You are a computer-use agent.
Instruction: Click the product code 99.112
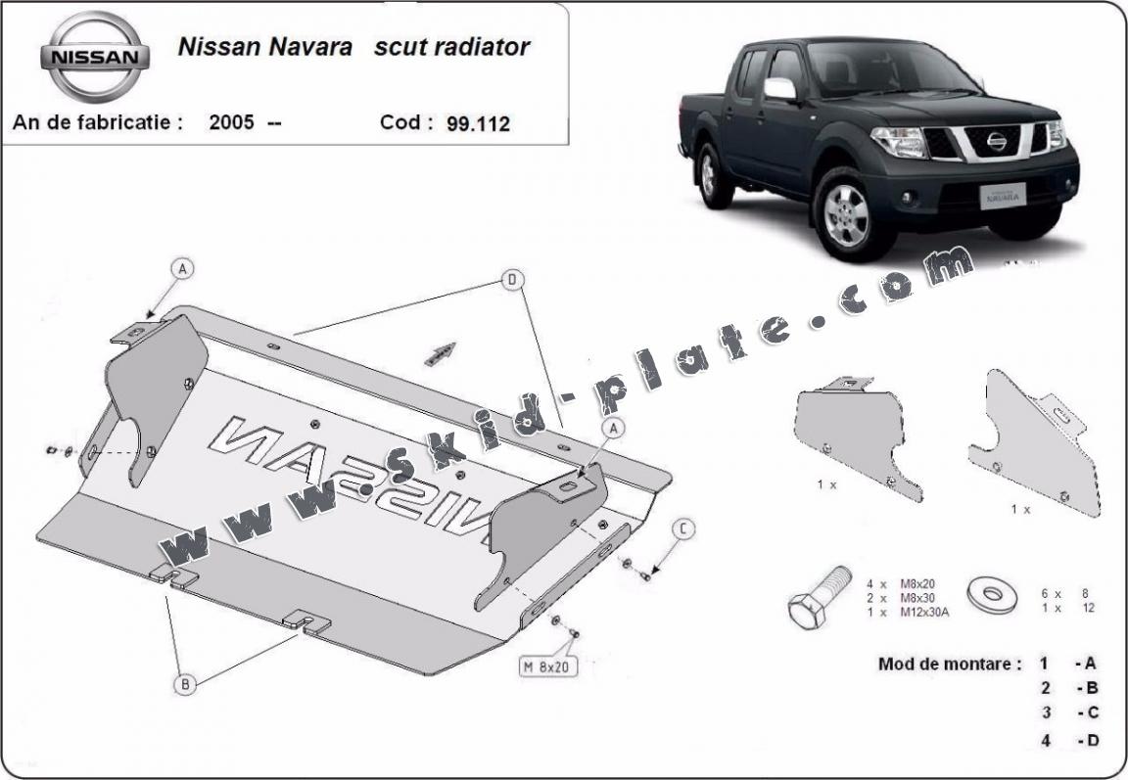479,123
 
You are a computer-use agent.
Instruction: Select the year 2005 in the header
232,122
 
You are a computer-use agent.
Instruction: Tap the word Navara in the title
310,47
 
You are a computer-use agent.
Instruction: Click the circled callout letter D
512,280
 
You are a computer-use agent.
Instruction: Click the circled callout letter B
185,684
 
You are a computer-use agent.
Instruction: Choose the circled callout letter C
683,529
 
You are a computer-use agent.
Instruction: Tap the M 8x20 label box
548,666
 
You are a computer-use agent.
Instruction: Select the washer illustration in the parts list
992,594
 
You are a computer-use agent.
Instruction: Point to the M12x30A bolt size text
924,612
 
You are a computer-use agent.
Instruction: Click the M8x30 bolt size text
917,598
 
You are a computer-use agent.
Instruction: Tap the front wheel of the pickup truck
847,213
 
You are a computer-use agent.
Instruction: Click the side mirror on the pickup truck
779,89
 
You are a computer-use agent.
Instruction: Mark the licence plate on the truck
1002,195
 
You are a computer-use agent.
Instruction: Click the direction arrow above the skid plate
441,353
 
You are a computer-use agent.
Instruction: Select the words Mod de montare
949,665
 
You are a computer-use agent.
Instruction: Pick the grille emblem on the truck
997,142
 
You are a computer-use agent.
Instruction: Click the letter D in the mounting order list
1093,740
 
